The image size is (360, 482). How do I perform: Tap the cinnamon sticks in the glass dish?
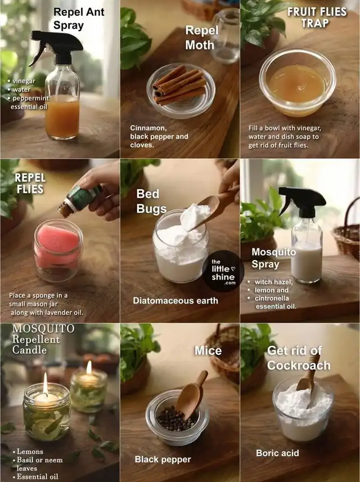point(179,85)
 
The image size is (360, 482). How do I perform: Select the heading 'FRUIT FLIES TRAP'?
point(317,17)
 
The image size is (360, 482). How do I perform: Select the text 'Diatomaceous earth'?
point(175,301)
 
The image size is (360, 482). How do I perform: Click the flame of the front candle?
point(46,383)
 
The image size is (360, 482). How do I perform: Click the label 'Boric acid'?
point(277,453)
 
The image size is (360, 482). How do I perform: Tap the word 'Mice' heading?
point(208,351)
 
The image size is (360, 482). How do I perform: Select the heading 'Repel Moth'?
point(202,38)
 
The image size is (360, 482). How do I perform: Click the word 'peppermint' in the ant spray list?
point(31,98)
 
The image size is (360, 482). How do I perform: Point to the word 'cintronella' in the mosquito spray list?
point(272,298)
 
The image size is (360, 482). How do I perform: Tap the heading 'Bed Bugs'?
point(151,201)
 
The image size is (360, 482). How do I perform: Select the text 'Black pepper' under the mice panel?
point(163,459)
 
